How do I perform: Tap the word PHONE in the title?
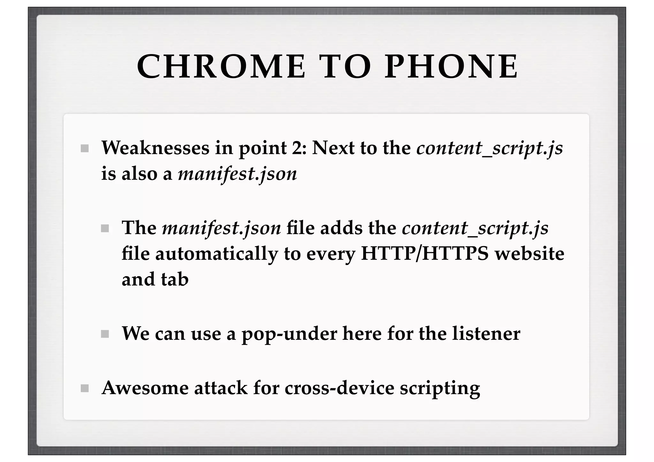tap(451, 67)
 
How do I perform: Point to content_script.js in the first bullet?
tap(489, 148)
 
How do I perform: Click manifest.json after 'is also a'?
tap(237, 174)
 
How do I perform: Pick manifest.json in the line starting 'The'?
tap(221, 228)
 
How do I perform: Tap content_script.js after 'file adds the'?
tap(475, 229)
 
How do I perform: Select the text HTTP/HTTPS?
tap(424, 254)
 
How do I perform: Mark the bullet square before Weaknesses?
tap(85, 148)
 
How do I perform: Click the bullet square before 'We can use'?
tap(105, 334)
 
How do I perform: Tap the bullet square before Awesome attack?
tap(85, 388)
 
